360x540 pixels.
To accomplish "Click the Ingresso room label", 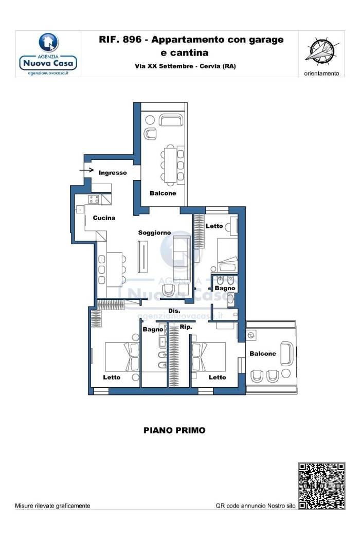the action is click(113, 172).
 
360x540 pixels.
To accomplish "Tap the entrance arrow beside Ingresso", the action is click(87, 170).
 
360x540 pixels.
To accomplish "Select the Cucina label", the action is click(104, 218).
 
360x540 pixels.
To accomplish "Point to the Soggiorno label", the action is click(154, 233).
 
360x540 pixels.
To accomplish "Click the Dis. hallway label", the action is click(174, 311).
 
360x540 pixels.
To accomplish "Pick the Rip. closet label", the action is click(186, 327).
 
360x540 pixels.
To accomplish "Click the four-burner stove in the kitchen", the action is click(94, 199).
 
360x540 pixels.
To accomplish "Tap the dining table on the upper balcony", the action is click(170, 163).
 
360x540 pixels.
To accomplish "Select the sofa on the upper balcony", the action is click(171, 120).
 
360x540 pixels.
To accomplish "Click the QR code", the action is click(321, 485).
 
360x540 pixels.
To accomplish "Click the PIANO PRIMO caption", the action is click(174, 430).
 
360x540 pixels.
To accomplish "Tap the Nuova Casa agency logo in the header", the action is click(48, 54).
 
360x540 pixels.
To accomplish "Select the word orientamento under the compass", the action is click(321, 74).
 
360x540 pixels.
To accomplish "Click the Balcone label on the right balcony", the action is click(262, 354).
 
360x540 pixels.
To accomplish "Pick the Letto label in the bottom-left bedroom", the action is click(112, 377).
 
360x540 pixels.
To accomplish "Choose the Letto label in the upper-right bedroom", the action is click(214, 226).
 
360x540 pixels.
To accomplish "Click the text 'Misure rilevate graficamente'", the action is click(52, 506).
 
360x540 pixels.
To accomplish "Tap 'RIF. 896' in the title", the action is click(120, 40).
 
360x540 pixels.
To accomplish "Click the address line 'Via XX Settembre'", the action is click(164, 66).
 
